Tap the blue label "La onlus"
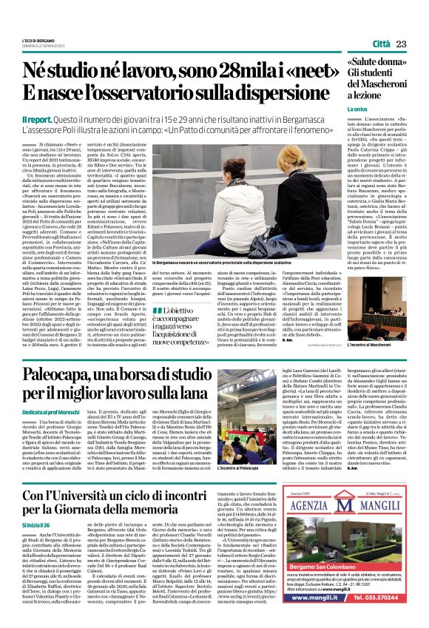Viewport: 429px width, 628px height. click(x=357, y=109)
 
